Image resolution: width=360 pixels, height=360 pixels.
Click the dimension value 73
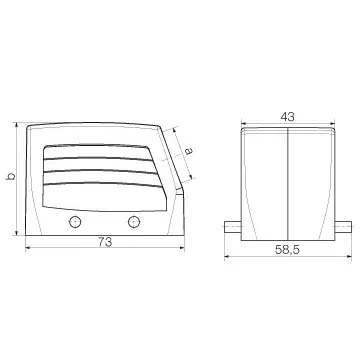tap(105, 242)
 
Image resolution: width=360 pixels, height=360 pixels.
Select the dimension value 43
tap(287, 117)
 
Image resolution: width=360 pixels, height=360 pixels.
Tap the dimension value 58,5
tap(287, 250)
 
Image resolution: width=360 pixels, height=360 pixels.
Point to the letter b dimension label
tap(11, 176)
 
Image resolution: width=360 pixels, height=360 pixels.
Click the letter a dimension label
tap(189, 152)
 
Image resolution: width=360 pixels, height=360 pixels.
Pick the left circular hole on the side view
tap(75, 222)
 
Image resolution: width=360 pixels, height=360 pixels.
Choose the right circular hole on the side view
tap(134, 222)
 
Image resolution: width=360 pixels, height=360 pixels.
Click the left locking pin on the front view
tap(232, 226)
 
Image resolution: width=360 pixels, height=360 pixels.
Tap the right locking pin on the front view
tap(343, 226)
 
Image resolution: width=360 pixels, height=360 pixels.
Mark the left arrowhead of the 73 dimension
tap(28, 248)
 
